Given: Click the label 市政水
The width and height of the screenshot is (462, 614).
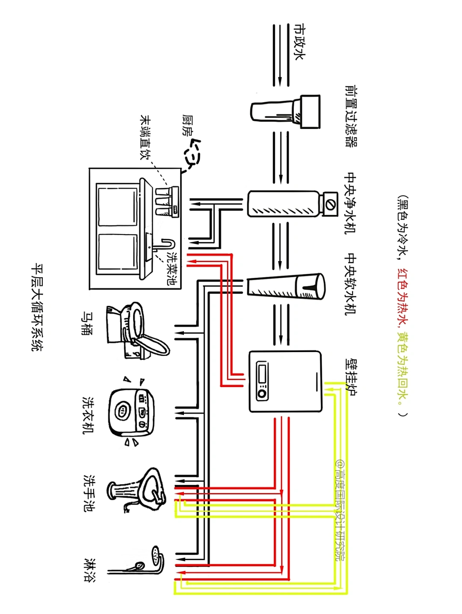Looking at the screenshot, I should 299,42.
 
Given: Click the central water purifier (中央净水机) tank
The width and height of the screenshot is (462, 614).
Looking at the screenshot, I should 283,204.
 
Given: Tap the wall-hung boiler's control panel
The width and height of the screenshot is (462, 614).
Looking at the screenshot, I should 263,381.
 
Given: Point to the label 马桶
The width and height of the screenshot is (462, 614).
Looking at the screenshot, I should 87,323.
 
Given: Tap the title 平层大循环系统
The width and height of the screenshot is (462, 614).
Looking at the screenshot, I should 36,307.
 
